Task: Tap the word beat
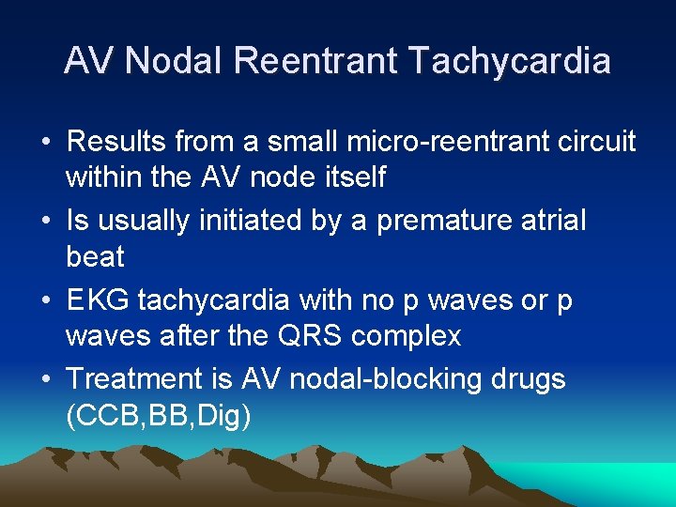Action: click(95, 254)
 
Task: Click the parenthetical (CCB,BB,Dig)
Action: click(159, 414)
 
